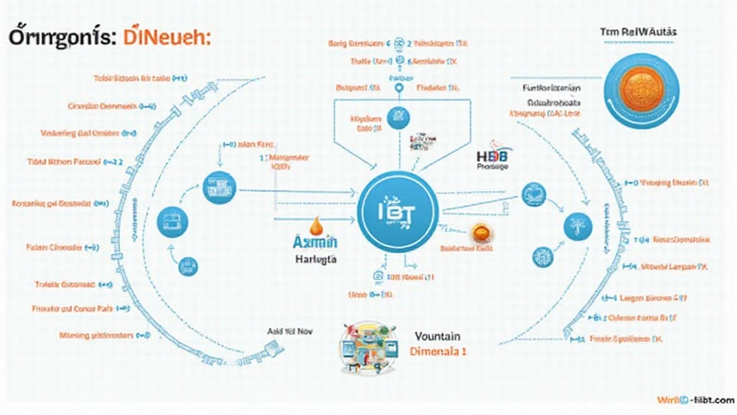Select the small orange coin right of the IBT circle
(x=480, y=233)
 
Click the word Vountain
(x=438, y=336)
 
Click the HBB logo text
(x=492, y=156)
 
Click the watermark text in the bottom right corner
(x=695, y=399)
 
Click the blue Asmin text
(x=315, y=242)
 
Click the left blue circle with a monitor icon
(x=171, y=217)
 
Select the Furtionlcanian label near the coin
(x=551, y=87)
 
